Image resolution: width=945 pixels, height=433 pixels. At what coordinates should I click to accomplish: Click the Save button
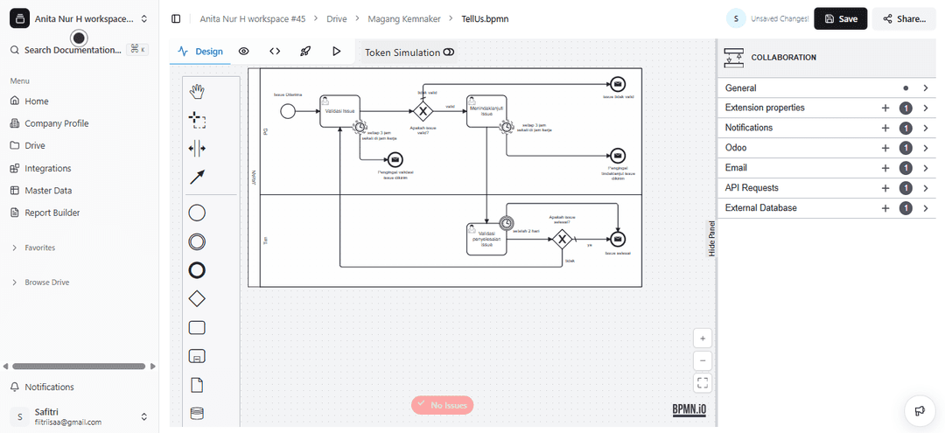coord(840,18)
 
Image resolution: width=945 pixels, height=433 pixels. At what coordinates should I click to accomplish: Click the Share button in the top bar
coord(904,18)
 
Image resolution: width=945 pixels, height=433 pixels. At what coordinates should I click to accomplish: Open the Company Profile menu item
coord(56,123)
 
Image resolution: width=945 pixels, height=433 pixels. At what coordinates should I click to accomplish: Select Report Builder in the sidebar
coord(52,213)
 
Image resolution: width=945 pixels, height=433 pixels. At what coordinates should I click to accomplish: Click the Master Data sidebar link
coord(48,190)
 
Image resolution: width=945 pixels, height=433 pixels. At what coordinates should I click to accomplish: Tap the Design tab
coord(200,52)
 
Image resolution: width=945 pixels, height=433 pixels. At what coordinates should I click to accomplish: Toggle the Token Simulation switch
coord(449,52)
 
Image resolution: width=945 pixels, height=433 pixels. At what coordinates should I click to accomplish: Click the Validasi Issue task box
coord(339,111)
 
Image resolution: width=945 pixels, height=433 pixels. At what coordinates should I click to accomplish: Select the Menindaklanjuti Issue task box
coord(486,111)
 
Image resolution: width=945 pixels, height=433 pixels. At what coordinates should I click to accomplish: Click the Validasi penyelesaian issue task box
coord(486,239)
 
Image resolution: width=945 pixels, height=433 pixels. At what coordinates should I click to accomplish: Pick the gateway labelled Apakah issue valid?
coord(423,111)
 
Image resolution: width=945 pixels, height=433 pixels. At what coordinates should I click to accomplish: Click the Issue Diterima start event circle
coord(288,110)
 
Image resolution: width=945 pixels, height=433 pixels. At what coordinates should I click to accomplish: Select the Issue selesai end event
coord(618,239)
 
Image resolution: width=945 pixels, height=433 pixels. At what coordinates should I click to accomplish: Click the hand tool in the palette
coord(197,91)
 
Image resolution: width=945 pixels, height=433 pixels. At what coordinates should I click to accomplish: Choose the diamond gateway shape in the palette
coord(197,299)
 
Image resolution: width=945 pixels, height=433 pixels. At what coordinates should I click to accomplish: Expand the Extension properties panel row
coord(925,108)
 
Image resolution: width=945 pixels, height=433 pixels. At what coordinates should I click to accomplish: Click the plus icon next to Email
coord(885,168)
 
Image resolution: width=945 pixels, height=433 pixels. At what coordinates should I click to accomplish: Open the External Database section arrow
coord(925,208)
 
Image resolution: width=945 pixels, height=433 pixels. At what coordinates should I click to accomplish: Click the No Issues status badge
coord(442,405)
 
